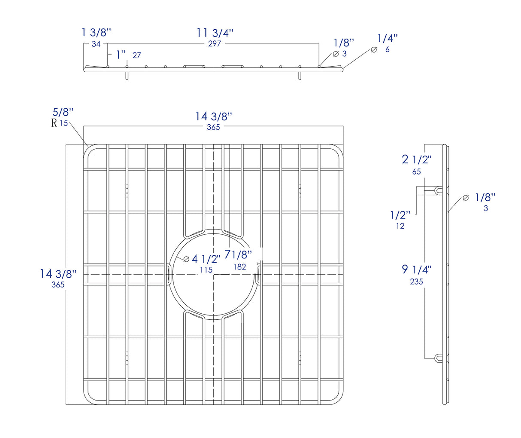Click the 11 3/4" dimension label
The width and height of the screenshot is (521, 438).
215,33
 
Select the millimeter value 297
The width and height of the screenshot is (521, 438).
215,43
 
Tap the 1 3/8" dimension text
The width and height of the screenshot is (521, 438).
96,32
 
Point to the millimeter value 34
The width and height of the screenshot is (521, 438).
96,43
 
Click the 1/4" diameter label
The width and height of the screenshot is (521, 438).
388,38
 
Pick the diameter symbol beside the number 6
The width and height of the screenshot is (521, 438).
374,49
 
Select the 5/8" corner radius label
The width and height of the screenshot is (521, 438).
63,113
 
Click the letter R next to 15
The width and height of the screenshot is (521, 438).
54,123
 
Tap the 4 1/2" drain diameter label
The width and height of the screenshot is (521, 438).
206,259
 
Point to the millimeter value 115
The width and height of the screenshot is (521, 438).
206,270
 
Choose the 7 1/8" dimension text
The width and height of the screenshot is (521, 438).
238,255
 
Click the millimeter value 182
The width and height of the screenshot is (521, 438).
239,266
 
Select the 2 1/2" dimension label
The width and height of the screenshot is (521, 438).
416,159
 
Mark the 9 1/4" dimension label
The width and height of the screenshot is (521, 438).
416,270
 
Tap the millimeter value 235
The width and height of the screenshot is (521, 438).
416,282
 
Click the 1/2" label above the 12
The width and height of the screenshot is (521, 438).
400,214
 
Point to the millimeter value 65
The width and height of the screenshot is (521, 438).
416,172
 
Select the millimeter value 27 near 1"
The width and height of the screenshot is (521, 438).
136,55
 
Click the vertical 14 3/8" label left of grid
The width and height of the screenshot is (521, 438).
58,273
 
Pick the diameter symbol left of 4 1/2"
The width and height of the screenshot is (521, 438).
186,259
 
